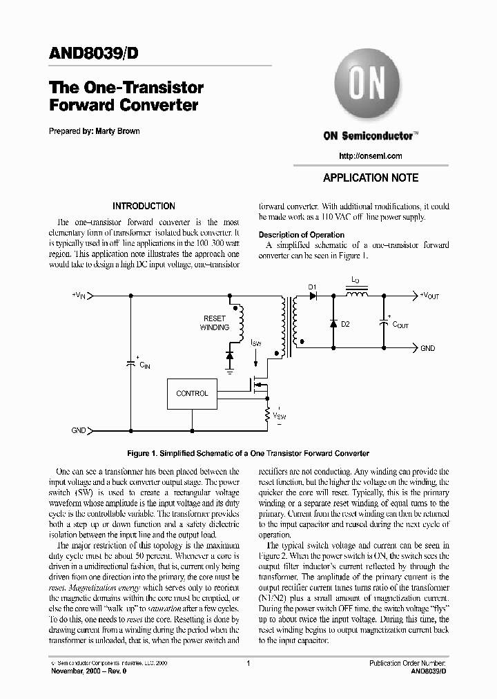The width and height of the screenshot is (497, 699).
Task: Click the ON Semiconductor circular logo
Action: click(370, 87)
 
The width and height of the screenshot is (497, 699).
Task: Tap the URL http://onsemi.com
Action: click(371, 156)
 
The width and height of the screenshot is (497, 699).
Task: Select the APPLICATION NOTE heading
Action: click(371, 178)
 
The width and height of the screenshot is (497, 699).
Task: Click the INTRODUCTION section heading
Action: click(144, 206)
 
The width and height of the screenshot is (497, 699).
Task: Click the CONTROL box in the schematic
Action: click(192, 394)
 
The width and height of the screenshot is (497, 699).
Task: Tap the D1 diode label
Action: click(311, 286)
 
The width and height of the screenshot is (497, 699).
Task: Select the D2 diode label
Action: click(346, 324)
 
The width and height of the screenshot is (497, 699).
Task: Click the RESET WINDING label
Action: click(215, 323)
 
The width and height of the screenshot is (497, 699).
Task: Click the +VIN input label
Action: click(78, 296)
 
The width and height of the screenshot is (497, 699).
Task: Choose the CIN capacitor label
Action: click(144, 365)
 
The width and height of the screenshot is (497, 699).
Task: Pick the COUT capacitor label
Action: click(400, 324)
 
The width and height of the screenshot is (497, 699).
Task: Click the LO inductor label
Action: click(355, 280)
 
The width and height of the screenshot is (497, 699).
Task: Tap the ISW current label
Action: click(255, 343)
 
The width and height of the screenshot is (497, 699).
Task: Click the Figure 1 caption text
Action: click(248, 453)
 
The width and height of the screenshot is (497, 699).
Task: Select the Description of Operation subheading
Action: click(301, 235)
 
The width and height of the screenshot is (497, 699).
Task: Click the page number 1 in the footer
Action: click(248, 663)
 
